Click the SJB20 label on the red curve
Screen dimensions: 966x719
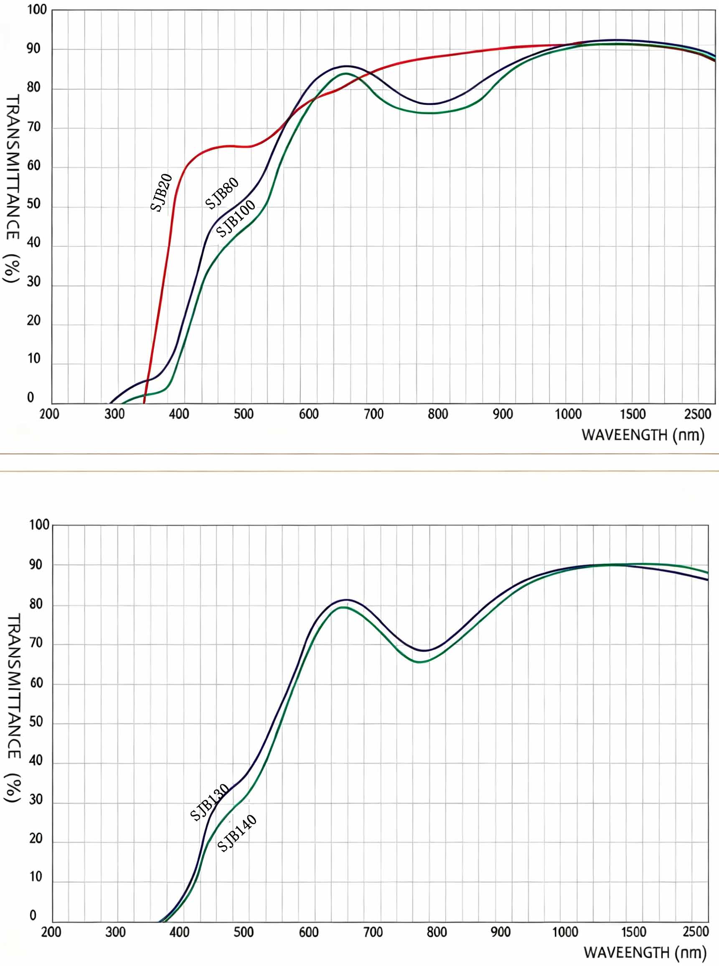[161, 193]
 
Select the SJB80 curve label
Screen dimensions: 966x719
[222, 193]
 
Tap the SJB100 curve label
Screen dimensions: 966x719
[236, 219]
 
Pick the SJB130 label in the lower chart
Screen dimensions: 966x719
[209, 802]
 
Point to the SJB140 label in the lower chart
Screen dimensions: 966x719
[236, 833]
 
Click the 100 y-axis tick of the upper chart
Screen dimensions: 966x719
[37, 10]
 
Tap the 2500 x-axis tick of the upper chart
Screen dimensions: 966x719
[697, 414]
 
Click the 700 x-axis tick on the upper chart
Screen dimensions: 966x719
[373, 414]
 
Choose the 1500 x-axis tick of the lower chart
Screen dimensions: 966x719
[633, 932]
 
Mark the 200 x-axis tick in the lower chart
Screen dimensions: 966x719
[51, 932]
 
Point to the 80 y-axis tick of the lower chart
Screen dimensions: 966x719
[36, 604]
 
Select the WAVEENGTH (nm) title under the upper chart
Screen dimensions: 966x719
[643, 435]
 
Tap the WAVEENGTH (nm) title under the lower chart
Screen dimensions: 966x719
[645, 953]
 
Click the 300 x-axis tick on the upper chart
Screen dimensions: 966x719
[115, 414]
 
